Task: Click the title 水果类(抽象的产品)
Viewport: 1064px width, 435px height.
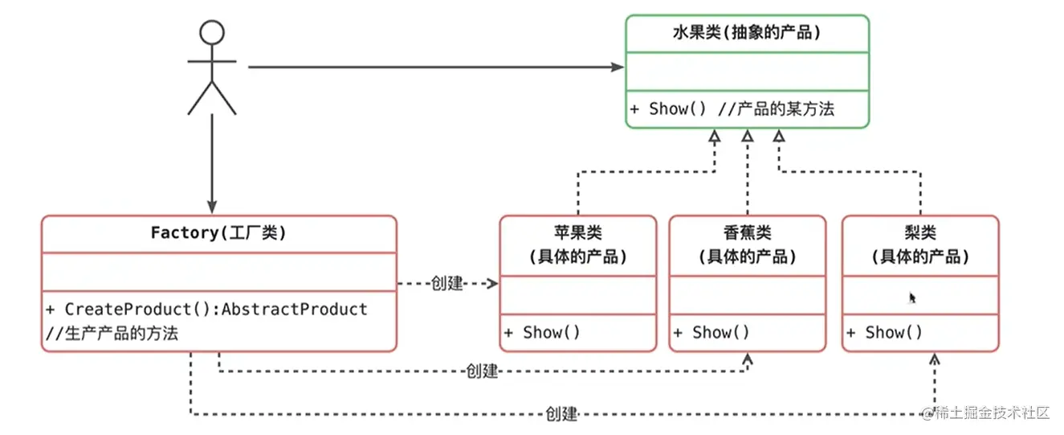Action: click(746, 33)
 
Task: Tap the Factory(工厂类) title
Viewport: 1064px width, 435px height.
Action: click(218, 233)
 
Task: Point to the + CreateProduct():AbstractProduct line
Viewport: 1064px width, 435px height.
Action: click(206, 309)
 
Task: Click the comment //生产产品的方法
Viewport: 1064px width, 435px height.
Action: click(112, 333)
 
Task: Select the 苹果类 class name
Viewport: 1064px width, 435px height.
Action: click(577, 233)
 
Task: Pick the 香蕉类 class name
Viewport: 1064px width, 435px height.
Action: click(747, 233)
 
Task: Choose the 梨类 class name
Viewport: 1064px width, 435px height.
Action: click(920, 233)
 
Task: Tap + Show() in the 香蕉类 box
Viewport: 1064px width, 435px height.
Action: click(711, 332)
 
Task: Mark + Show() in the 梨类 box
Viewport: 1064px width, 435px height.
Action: click(884, 332)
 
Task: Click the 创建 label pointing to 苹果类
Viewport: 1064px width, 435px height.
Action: click(447, 284)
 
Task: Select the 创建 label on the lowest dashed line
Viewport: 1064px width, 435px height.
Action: click(561, 414)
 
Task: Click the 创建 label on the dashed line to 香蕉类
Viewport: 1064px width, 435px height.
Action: click(482, 371)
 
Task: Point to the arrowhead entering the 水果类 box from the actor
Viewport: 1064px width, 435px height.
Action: click(618, 68)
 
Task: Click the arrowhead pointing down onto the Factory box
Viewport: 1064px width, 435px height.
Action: click(211, 207)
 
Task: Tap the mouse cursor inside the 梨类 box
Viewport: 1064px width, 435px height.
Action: click(912, 298)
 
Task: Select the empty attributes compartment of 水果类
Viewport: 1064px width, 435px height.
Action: click(746, 72)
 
